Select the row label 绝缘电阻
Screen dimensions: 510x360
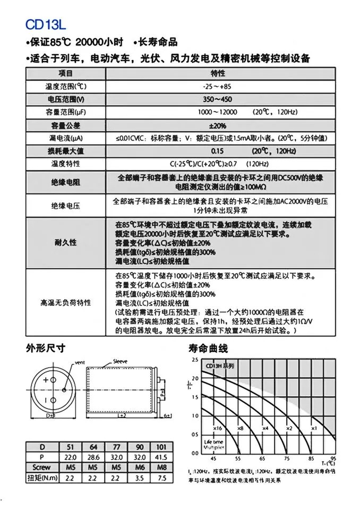[x=65, y=183]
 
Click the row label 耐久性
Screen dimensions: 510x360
[x=65, y=242]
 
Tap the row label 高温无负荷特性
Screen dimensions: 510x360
[x=65, y=302]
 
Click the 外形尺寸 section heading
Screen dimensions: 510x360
[x=46, y=348]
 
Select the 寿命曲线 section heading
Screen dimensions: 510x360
[x=208, y=348]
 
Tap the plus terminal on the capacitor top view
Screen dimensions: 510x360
[x=46, y=380]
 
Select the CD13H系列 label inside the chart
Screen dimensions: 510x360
[x=220, y=367]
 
